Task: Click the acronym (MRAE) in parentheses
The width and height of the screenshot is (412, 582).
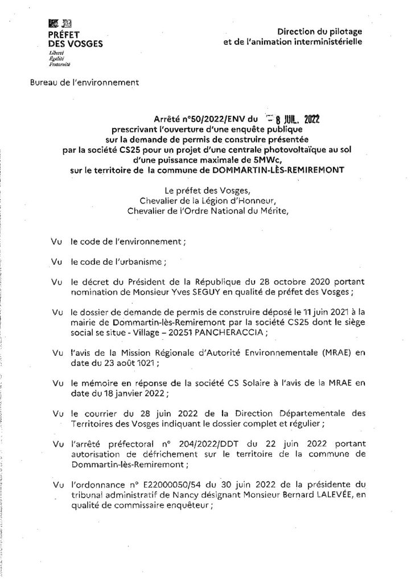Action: (x=332, y=353)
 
